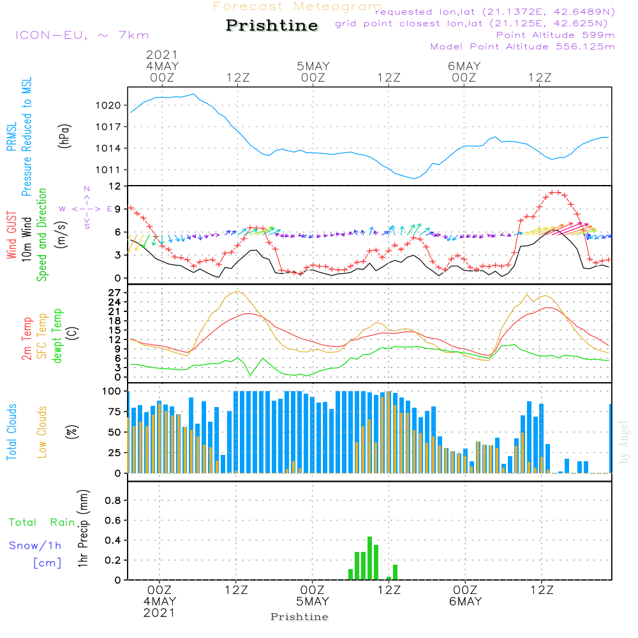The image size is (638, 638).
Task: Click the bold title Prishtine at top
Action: click(x=272, y=26)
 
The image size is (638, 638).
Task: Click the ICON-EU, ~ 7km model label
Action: click(x=82, y=35)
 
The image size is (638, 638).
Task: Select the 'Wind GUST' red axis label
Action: click(x=11, y=236)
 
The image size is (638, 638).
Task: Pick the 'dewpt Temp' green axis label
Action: click(x=58, y=336)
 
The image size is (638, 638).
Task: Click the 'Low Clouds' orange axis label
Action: click(x=43, y=432)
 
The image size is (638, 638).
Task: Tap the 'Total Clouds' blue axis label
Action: click(x=11, y=432)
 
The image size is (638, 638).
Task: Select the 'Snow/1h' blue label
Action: click(x=35, y=545)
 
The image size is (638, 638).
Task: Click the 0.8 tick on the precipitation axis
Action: click(x=114, y=501)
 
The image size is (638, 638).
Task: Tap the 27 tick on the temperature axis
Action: click(x=115, y=292)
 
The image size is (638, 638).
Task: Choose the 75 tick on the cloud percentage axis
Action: click(x=112, y=412)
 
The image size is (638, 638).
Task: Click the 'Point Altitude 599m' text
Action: click(x=555, y=34)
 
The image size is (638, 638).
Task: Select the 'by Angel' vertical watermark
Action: click(x=624, y=443)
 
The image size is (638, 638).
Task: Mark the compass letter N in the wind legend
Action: click(x=87, y=189)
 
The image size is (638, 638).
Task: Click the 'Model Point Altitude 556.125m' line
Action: click(x=523, y=47)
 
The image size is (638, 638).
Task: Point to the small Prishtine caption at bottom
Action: click(x=299, y=617)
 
